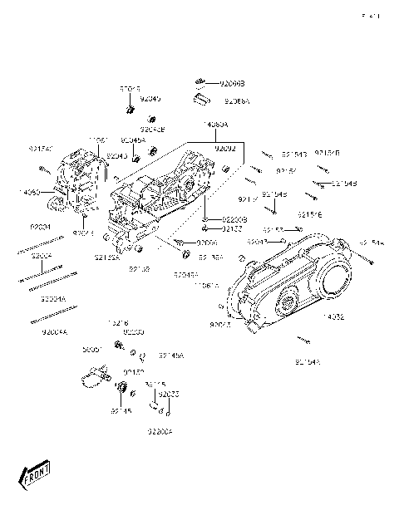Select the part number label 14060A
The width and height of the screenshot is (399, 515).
pos(215,124)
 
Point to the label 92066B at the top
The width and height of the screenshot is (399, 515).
pos(233,84)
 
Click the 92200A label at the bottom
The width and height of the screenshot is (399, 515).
pos(160,431)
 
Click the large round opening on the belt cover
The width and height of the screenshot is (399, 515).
pos(286,302)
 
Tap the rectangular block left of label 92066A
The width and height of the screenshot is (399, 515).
pos(202,100)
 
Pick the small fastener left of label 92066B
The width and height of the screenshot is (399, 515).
pos(200,82)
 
